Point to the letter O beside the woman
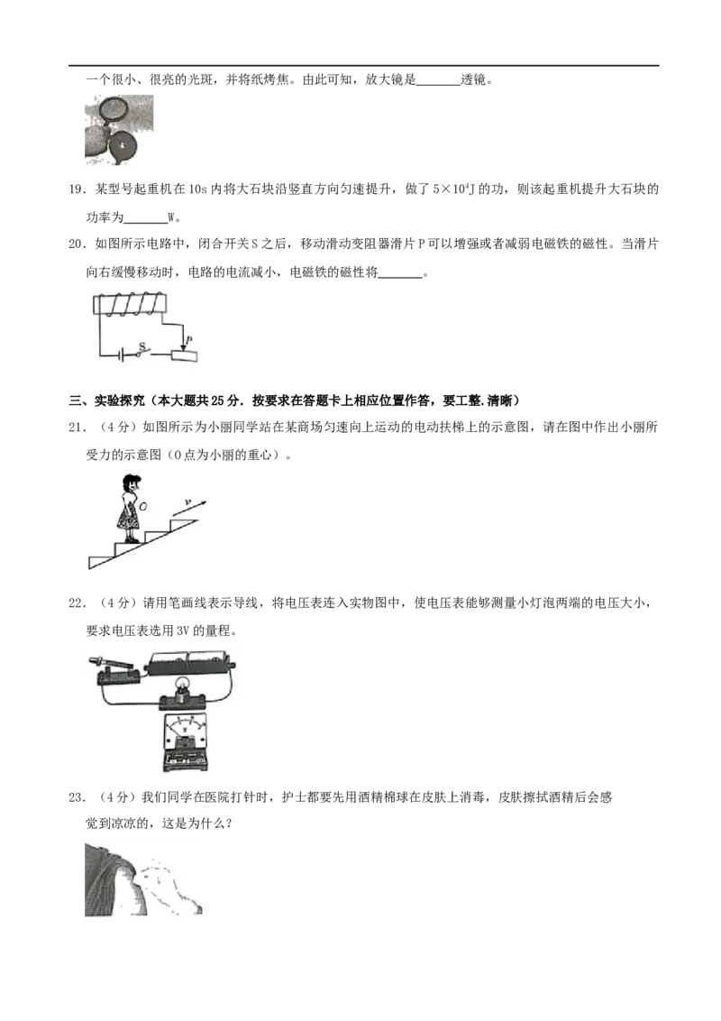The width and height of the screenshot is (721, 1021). [x=142, y=507]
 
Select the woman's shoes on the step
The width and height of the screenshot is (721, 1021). [x=130, y=539]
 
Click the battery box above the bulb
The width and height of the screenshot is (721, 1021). [x=190, y=660]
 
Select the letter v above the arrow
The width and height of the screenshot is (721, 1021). [x=188, y=501]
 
